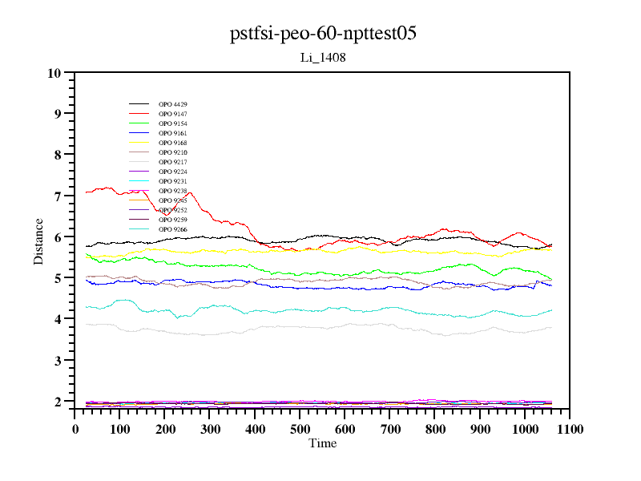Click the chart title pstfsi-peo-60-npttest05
(323, 34)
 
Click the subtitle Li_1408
(322, 58)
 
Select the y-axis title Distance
(38, 240)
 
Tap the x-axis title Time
(322, 443)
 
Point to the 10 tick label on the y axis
(54, 73)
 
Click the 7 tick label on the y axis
(57, 196)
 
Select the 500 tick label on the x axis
(300, 429)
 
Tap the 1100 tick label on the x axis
(569, 429)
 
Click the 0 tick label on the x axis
(75, 429)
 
